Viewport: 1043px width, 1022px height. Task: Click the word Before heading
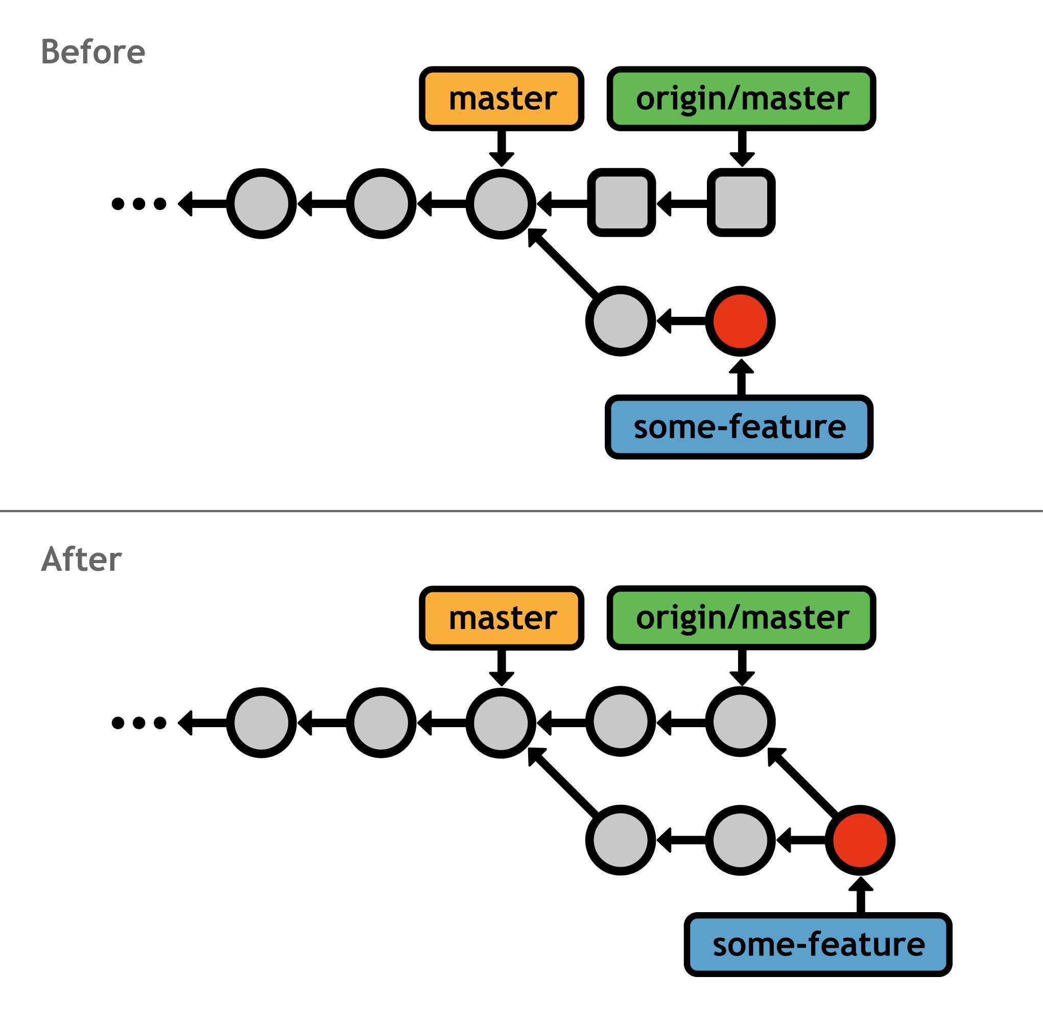[x=93, y=52]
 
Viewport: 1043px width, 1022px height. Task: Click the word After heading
[x=81, y=560]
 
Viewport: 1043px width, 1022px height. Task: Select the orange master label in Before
[x=502, y=99]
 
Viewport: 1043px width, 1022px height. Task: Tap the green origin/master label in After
[x=741, y=618]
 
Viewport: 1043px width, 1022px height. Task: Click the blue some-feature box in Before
[x=739, y=427]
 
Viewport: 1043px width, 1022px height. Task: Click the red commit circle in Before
[x=740, y=321]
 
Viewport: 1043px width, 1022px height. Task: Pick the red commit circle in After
[x=860, y=840]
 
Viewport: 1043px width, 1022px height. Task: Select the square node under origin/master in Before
[x=741, y=203]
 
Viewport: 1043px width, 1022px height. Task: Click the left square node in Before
[x=621, y=203]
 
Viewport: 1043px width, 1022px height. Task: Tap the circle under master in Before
[x=501, y=203]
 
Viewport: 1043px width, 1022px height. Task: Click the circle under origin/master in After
[x=740, y=722]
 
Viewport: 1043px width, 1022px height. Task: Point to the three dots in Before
[x=139, y=203]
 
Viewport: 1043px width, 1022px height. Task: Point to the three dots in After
[x=139, y=723]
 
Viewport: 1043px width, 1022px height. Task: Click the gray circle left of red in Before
[x=620, y=321]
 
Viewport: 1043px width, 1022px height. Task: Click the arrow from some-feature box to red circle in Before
[x=741, y=380]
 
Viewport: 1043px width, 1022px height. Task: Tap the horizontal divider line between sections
[x=521, y=511]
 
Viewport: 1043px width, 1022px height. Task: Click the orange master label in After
[x=502, y=618]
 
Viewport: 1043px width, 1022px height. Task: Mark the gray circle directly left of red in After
[x=740, y=840]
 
